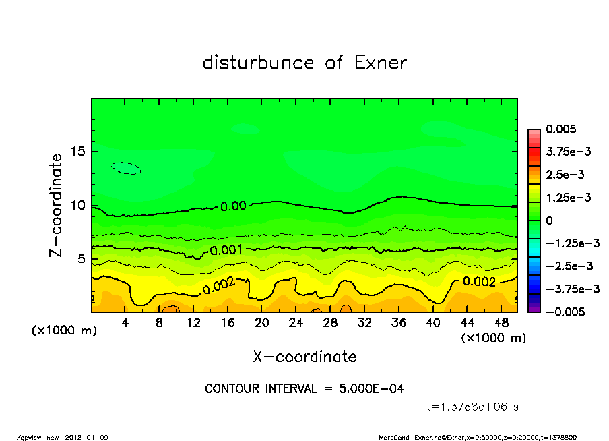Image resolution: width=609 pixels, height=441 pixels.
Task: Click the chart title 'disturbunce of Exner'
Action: [x=304, y=63]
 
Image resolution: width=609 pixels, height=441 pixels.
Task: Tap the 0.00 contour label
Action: [x=233, y=206]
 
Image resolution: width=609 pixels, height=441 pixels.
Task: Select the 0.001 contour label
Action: [x=226, y=250]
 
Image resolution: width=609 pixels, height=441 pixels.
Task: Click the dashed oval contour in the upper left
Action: [x=127, y=168]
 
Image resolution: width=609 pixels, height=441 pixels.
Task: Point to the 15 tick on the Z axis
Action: [x=79, y=151]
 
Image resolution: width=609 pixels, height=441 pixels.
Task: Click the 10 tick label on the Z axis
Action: [x=79, y=205]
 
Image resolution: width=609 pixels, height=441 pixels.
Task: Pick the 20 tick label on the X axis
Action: [x=262, y=323]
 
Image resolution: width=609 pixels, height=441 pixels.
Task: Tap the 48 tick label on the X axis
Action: [x=501, y=323]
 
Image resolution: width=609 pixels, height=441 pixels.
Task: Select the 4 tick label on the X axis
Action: [x=125, y=323]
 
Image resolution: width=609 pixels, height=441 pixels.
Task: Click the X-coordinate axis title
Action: [x=304, y=356]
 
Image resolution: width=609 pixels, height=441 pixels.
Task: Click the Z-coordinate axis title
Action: [x=57, y=204]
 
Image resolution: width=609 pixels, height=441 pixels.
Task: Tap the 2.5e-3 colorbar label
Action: [x=564, y=175]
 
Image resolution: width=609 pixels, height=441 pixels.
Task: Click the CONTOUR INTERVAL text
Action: [x=304, y=389]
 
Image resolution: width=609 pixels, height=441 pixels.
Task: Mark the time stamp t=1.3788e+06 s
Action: [x=472, y=407]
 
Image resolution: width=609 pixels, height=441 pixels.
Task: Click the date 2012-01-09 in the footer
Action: [x=87, y=437]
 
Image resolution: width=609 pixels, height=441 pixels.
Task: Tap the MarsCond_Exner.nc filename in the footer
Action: [x=408, y=437]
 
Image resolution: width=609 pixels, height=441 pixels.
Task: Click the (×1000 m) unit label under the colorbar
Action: [x=493, y=338]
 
